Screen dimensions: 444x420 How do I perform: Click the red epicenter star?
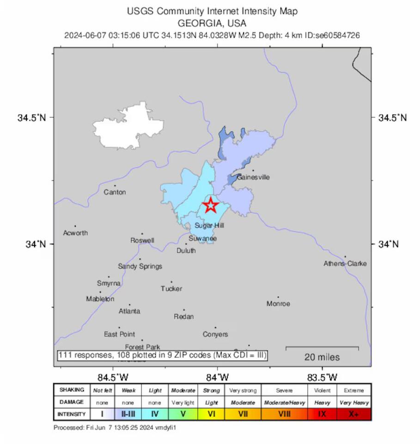click(x=211, y=205)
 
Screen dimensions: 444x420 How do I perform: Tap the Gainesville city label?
click(x=253, y=177)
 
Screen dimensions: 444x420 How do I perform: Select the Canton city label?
click(x=115, y=192)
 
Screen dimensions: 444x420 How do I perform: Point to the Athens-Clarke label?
click(x=345, y=264)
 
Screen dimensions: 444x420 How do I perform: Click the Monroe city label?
click(x=278, y=304)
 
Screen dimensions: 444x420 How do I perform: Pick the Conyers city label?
click(x=215, y=334)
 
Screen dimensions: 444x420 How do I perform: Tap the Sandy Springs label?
click(x=140, y=266)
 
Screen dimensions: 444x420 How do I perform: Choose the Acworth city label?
click(x=75, y=233)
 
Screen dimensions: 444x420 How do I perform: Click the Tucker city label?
click(x=171, y=289)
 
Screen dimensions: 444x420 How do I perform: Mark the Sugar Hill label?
click(x=209, y=225)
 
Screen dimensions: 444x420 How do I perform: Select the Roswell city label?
click(x=142, y=240)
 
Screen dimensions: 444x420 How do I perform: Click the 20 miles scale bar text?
click(x=322, y=357)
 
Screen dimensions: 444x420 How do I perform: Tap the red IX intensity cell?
click(x=323, y=414)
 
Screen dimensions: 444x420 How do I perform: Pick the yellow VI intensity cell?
click(x=211, y=414)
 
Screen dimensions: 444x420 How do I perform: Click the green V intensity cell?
click(x=183, y=414)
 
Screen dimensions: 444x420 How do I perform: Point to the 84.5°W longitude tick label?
click(x=113, y=376)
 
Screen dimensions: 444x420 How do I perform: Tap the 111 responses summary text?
click(x=162, y=355)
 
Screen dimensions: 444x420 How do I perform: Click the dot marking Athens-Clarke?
click(x=345, y=257)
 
